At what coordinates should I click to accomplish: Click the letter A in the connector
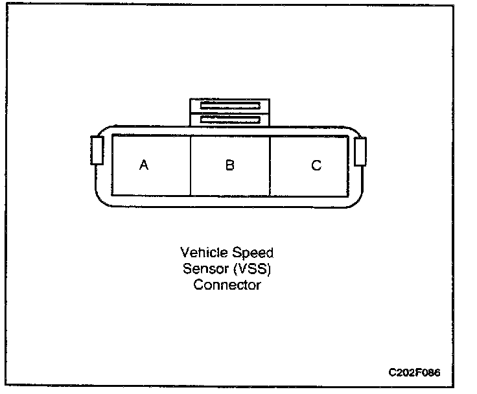(144, 165)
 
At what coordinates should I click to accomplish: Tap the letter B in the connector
(229, 165)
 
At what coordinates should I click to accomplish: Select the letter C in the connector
(316, 165)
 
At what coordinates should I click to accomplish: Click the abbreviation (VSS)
(253, 268)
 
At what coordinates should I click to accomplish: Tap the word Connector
(227, 284)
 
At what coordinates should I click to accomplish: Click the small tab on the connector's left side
(97, 150)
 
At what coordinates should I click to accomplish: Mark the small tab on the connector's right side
(360, 152)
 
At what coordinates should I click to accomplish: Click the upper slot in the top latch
(229, 106)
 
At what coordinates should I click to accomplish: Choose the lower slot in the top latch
(229, 119)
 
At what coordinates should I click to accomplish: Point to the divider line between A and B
(191, 165)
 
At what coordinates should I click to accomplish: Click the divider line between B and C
(270, 165)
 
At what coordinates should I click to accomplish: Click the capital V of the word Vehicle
(184, 252)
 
